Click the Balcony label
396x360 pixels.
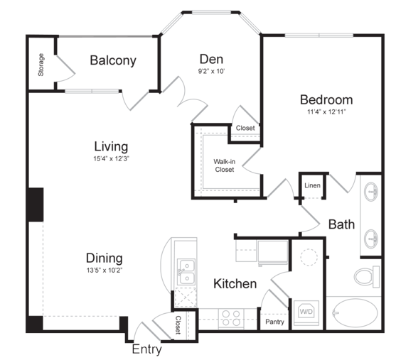113,60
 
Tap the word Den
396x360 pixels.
211,59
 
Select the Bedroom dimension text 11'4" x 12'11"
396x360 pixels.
326,111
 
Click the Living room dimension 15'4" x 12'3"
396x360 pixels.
111,158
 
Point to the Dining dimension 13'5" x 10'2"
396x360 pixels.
105,271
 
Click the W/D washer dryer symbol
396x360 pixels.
306,312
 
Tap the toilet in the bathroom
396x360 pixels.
367,277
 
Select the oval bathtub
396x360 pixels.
355,313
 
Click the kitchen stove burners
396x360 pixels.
231,318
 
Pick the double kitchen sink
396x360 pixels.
186,272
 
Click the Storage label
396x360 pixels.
41,65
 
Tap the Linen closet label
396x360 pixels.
312,185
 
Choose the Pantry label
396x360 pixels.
274,322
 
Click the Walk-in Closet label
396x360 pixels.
224,165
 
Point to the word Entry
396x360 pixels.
146,349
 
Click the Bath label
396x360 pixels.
341,224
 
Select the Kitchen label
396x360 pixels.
235,284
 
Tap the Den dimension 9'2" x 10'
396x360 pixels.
211,72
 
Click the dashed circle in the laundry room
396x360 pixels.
309,257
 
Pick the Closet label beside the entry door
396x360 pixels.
178,325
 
